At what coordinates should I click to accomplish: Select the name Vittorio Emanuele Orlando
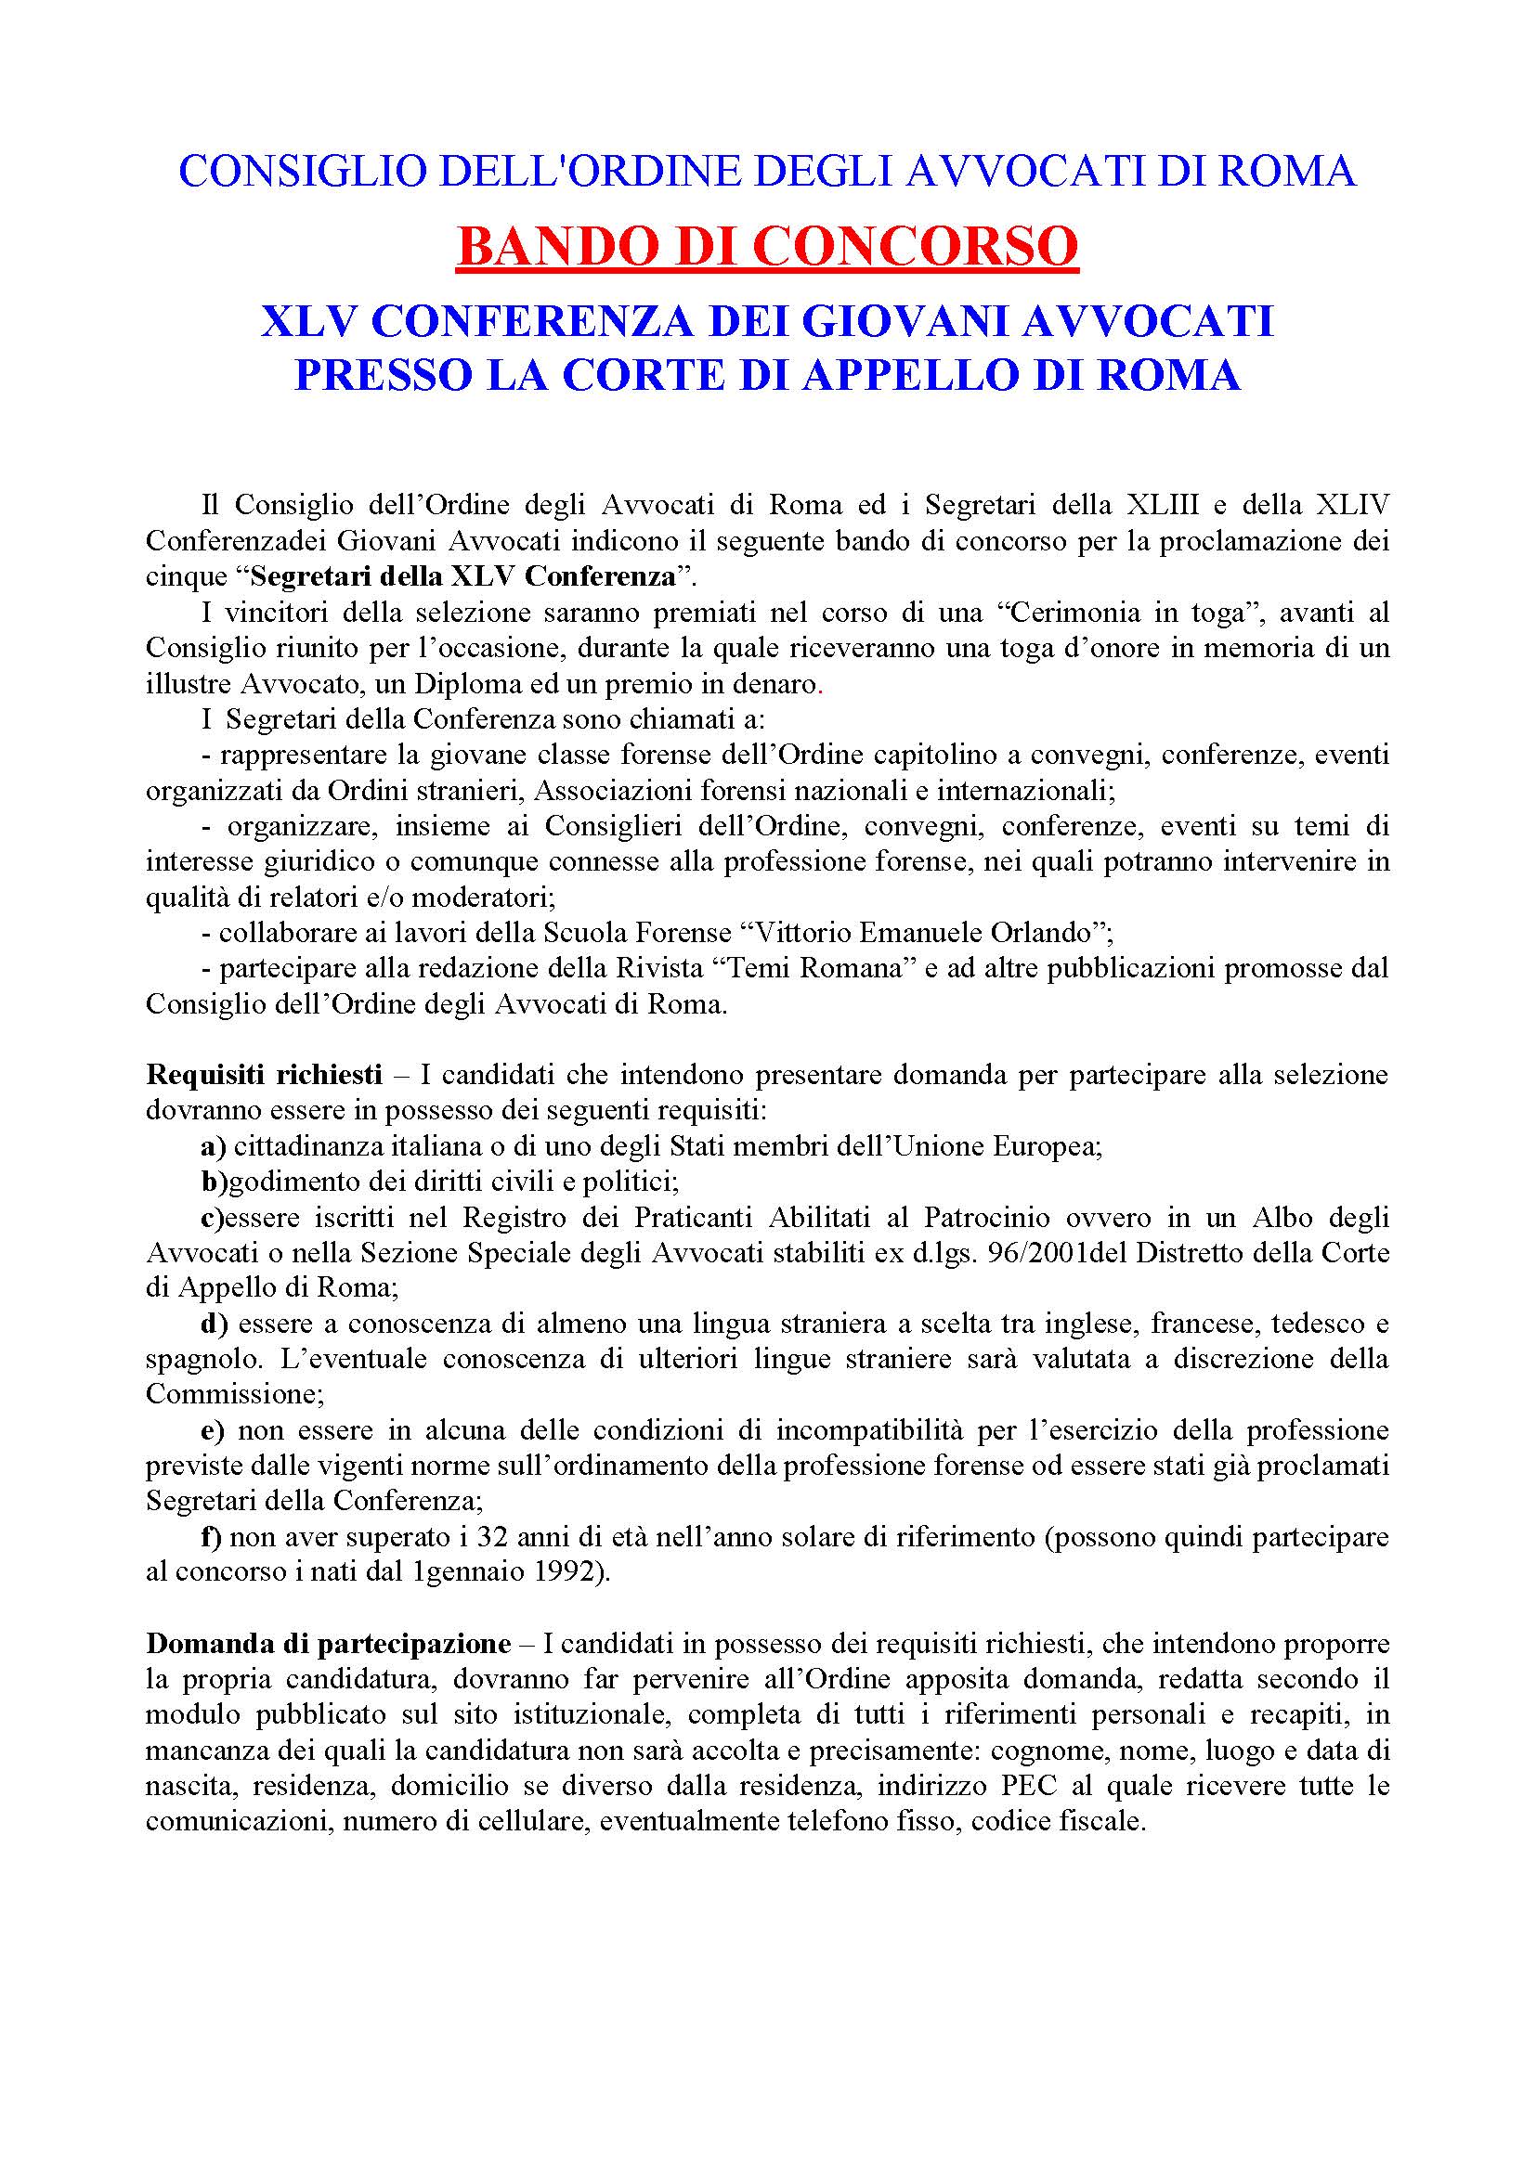(921, 932)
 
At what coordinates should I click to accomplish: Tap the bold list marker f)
(211, 1536)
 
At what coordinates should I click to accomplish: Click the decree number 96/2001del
(1059, 1253)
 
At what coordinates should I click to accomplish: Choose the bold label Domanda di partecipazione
(328, 1644)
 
